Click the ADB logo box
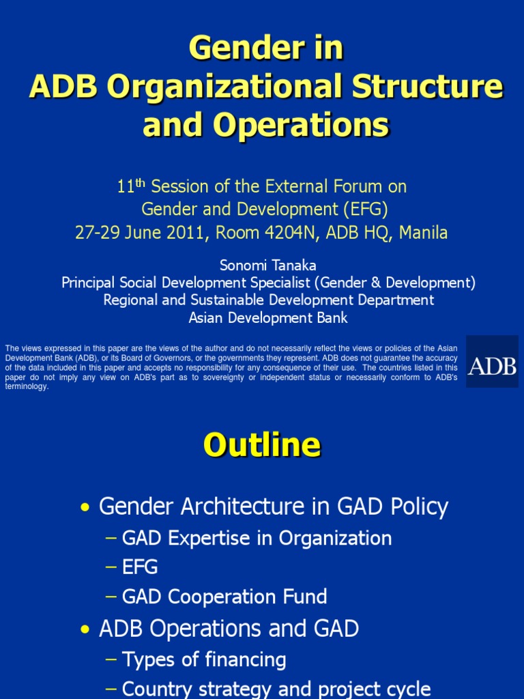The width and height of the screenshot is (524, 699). pos(492,362)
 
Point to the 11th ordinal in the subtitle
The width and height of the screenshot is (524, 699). pos(132,186)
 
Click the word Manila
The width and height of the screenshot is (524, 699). pos(423,233)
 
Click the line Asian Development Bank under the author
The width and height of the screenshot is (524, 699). pos(268,317)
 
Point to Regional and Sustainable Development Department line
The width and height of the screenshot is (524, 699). pos(268,300)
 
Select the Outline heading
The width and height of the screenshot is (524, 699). pos(261,446)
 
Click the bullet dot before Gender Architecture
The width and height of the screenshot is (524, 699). pos(85,508)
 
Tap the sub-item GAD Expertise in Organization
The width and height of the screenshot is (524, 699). pos(257,538)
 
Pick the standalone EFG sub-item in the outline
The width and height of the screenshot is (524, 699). pos(140,567)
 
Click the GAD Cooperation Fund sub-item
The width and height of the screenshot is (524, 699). pos(224,597)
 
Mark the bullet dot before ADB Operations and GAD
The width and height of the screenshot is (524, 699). pos(85,629)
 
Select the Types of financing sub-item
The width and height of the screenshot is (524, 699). pos(204,659)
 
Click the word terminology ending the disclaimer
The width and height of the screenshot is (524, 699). pos(27,386)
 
